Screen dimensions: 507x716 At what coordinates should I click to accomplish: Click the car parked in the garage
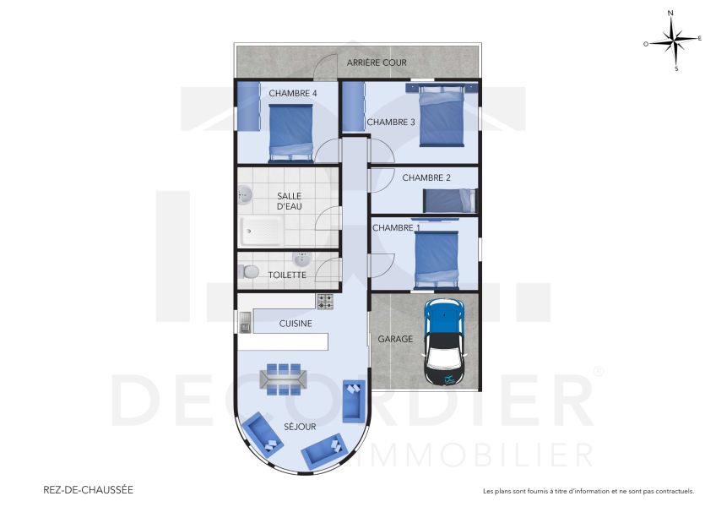[443, 342]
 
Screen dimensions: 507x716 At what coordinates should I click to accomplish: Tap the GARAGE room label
[395, 339]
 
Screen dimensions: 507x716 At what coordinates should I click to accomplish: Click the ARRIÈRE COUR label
[377, 63]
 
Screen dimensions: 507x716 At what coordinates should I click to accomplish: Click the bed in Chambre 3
[442, 117]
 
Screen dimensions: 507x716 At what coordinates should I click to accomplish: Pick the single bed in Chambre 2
[448, 200]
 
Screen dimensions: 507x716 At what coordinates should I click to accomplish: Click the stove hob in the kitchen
[325, 300]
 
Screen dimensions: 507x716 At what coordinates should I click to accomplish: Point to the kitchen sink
[245, 321]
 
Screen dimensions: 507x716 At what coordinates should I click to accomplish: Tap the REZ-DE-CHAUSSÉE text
[88, 489]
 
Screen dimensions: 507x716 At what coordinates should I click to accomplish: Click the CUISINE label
[296, 323]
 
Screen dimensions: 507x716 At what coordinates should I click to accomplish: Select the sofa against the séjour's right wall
[353, 401]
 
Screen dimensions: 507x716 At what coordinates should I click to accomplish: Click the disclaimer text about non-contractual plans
[588, 490]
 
